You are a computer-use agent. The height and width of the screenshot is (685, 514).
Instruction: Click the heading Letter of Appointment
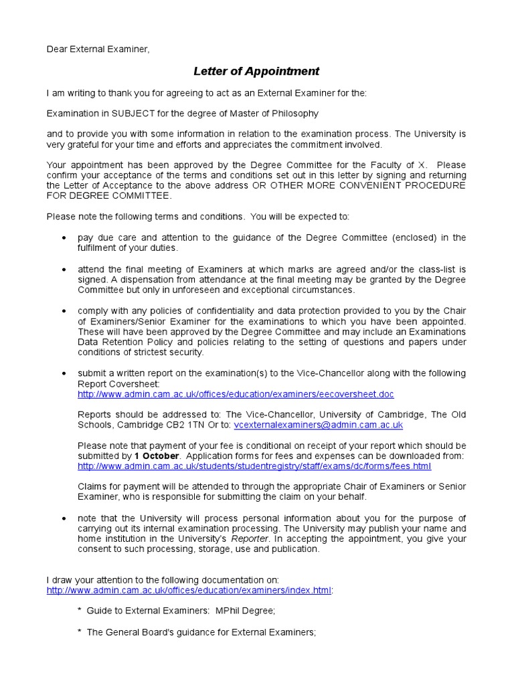coord(256,71)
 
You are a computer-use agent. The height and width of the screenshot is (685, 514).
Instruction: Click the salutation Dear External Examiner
coord(98,49)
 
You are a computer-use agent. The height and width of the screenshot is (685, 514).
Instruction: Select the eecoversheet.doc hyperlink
coord(236,395)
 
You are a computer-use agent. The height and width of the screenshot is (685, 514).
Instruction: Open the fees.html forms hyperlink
coord(254,466)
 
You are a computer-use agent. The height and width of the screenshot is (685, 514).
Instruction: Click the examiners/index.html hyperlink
coord(189,590)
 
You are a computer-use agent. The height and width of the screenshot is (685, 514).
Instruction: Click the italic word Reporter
coord(249,539)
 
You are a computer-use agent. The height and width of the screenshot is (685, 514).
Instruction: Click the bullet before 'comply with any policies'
coord(64,312)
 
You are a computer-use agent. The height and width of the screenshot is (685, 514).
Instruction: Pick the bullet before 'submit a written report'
coord(64,374)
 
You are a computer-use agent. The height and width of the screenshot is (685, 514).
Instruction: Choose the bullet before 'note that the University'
coord(64,519)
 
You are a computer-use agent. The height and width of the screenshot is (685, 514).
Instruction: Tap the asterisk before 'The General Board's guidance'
coord(80,632)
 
